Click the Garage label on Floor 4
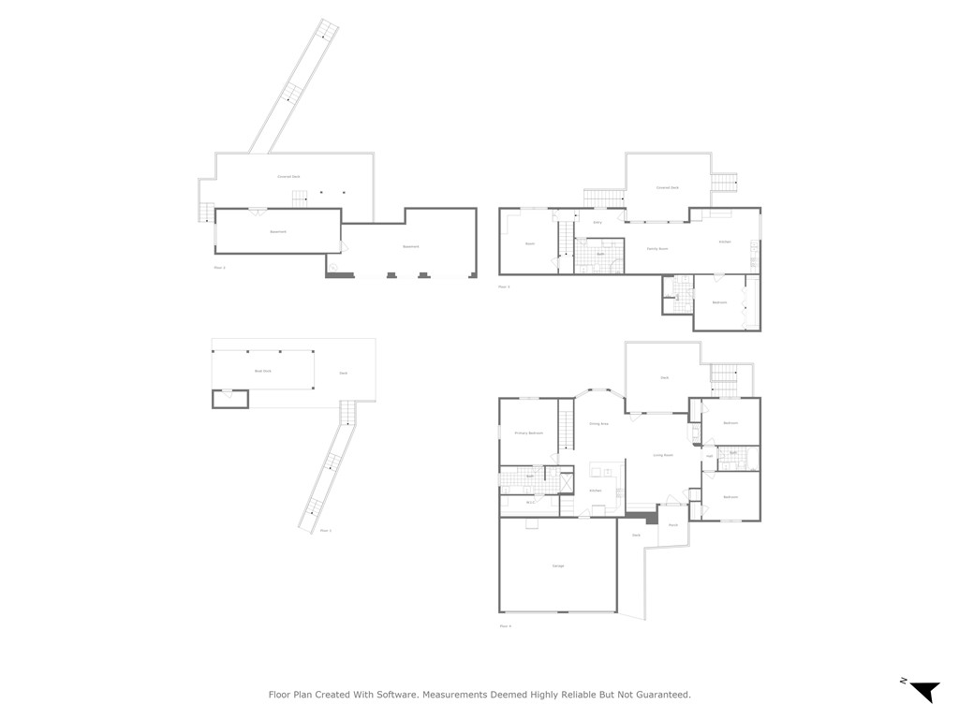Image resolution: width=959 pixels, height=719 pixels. (558, 565)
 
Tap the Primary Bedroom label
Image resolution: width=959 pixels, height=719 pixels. (529, 433)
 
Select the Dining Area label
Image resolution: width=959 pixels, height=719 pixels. (599, 424)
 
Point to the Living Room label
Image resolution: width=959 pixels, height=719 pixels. (663, 455)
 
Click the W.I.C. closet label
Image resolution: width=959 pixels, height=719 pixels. (530, 503)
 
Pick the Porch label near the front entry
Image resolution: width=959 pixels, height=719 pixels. (673, 525)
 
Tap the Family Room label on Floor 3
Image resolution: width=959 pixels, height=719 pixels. (657, 248)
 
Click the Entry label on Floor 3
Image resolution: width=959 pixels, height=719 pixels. (598, 222)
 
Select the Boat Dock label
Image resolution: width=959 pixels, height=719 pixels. (263, 371)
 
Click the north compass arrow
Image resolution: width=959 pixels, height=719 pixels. (924, 690)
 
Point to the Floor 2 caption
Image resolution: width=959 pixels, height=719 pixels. (220, 268)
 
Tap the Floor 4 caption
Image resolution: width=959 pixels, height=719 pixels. (506, 625)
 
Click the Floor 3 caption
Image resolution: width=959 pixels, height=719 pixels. (504, 286)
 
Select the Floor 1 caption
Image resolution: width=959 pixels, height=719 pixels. (325, 530)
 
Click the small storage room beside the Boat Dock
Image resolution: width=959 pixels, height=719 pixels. (230, 399)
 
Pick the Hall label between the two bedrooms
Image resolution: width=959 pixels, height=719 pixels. (710, 456)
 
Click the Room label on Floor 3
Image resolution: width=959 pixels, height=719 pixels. (529, 243)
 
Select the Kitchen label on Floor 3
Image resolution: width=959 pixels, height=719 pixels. (724, 242)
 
